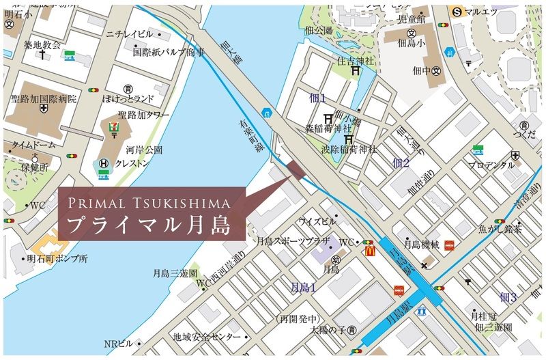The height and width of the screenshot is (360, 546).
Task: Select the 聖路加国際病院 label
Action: [x=44, y=99]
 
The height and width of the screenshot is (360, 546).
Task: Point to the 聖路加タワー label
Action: [x=143, y=115]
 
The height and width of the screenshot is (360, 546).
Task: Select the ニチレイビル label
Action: [x=129, y=33]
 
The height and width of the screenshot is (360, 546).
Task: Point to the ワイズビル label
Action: [x=317, y=222]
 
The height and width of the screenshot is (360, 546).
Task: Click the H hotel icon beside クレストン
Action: [x=103, y=164]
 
